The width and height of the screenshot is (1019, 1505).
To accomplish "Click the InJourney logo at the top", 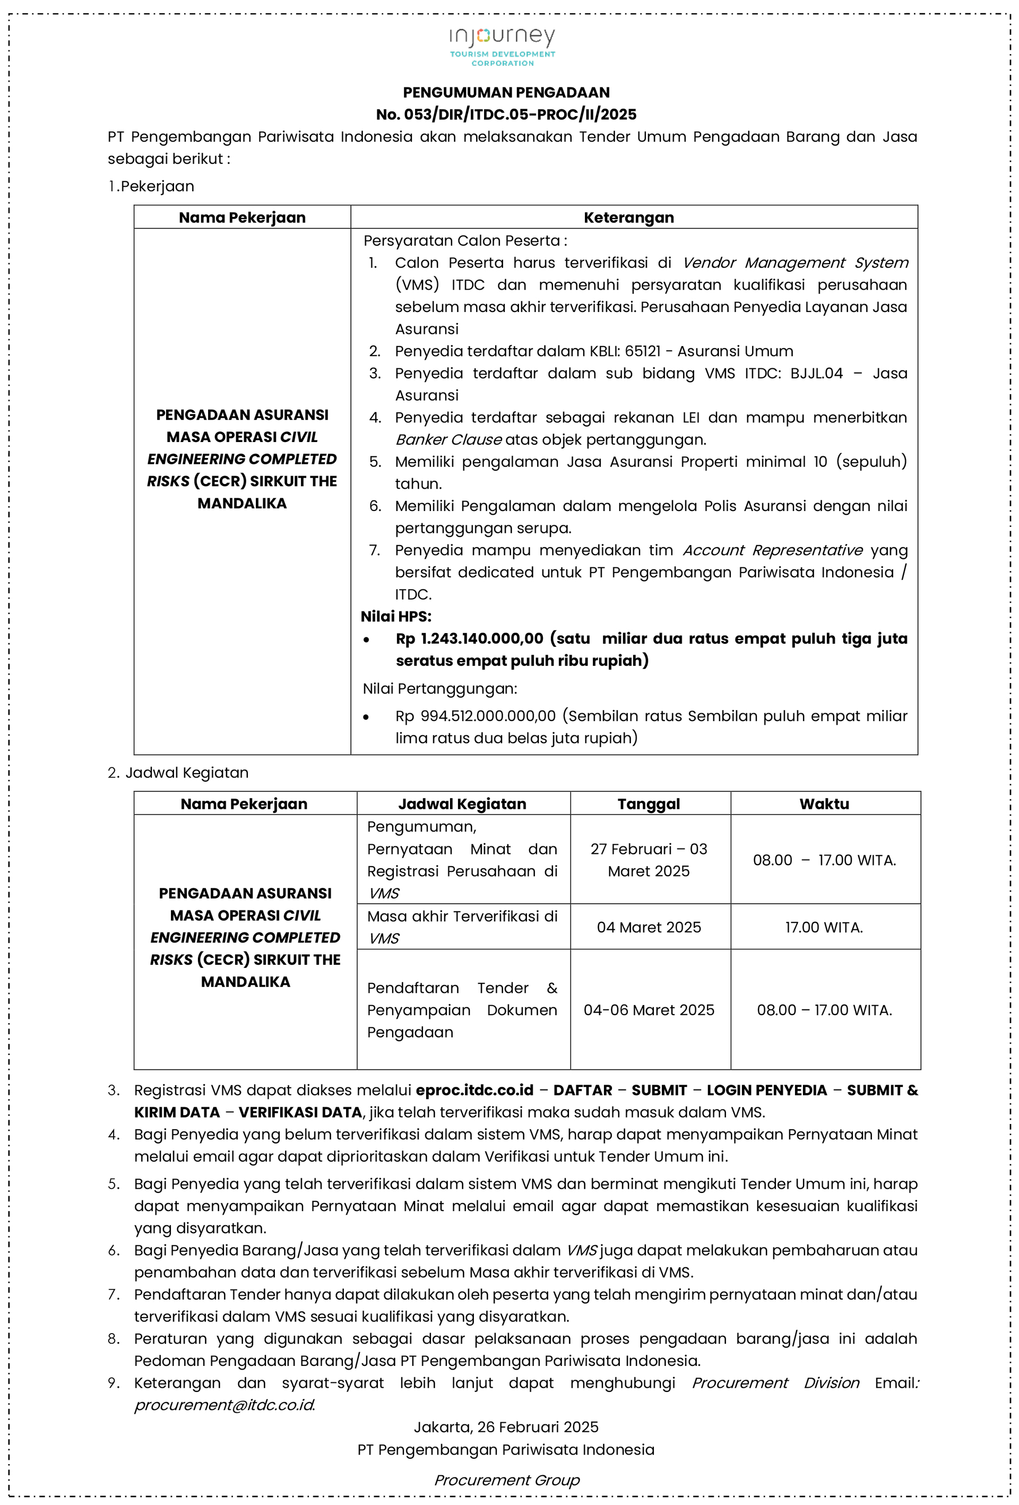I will point(503,45).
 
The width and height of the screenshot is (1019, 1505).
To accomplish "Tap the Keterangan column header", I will point(628,218).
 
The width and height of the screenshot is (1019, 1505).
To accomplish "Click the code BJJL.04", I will point(816,374).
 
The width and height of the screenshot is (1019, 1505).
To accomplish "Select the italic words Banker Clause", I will point(448,440).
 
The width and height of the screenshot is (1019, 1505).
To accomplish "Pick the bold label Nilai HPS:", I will point(396,617).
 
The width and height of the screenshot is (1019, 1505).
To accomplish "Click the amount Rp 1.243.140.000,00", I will point(470,639).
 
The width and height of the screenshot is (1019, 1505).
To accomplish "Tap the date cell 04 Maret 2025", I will point(649,927).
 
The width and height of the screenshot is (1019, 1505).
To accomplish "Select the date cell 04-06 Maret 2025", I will point(649,1010).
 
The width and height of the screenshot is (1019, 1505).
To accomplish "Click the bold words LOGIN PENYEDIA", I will point(766,1091).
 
